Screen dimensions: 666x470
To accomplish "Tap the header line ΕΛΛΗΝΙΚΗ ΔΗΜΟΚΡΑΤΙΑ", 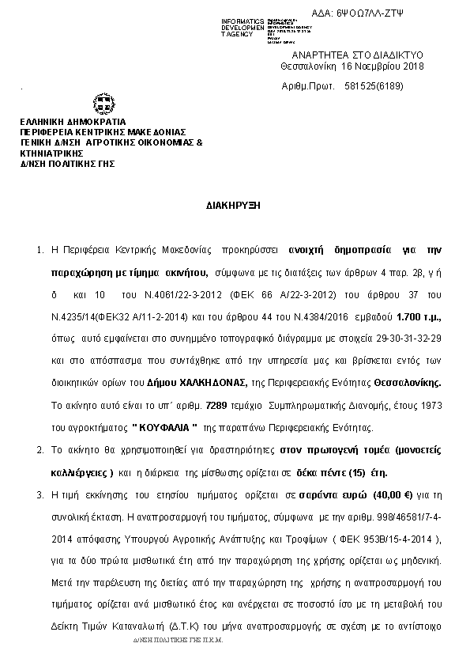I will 67,122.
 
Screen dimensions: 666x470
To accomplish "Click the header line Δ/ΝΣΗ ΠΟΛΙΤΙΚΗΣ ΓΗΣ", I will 68,163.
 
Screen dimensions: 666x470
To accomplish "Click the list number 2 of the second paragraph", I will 39,448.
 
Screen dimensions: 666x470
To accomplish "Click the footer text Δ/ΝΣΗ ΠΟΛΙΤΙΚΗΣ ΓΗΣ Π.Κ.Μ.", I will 179,641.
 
